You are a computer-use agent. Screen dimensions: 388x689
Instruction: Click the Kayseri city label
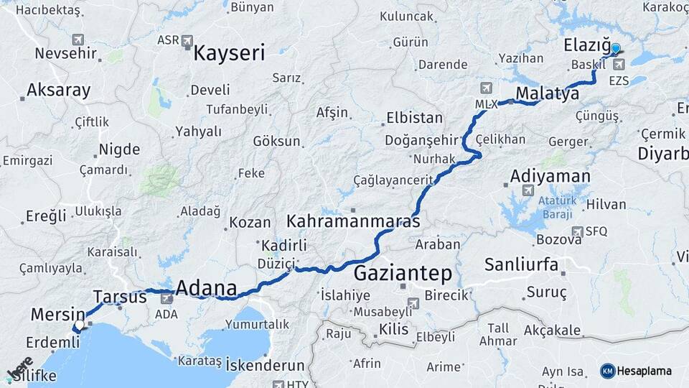[229, 52]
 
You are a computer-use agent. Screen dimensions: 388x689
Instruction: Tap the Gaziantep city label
[403, 273]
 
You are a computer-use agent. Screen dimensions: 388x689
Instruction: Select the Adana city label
[206, 288]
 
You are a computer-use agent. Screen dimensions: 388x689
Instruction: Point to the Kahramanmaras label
[353, 221]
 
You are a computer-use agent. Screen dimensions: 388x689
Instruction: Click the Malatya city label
[547, 93]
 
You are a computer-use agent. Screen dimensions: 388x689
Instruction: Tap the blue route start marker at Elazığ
[615, 48]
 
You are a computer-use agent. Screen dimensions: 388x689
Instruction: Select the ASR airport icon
[187, 40]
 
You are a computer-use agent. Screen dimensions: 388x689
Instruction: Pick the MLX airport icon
[487, 88]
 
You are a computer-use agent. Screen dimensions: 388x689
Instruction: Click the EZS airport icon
[619, 65]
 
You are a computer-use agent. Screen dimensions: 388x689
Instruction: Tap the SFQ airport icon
[577, 231]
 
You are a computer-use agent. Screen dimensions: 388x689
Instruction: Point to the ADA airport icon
[167, 298]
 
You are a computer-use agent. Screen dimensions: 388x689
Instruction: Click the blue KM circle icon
[607, 371]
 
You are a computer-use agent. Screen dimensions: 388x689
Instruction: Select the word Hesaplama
[645, 371]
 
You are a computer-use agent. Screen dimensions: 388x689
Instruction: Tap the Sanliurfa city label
[521, 264]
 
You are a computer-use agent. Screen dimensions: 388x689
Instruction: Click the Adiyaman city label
[550, 176]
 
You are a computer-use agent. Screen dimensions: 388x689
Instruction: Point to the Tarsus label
[120, 296]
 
